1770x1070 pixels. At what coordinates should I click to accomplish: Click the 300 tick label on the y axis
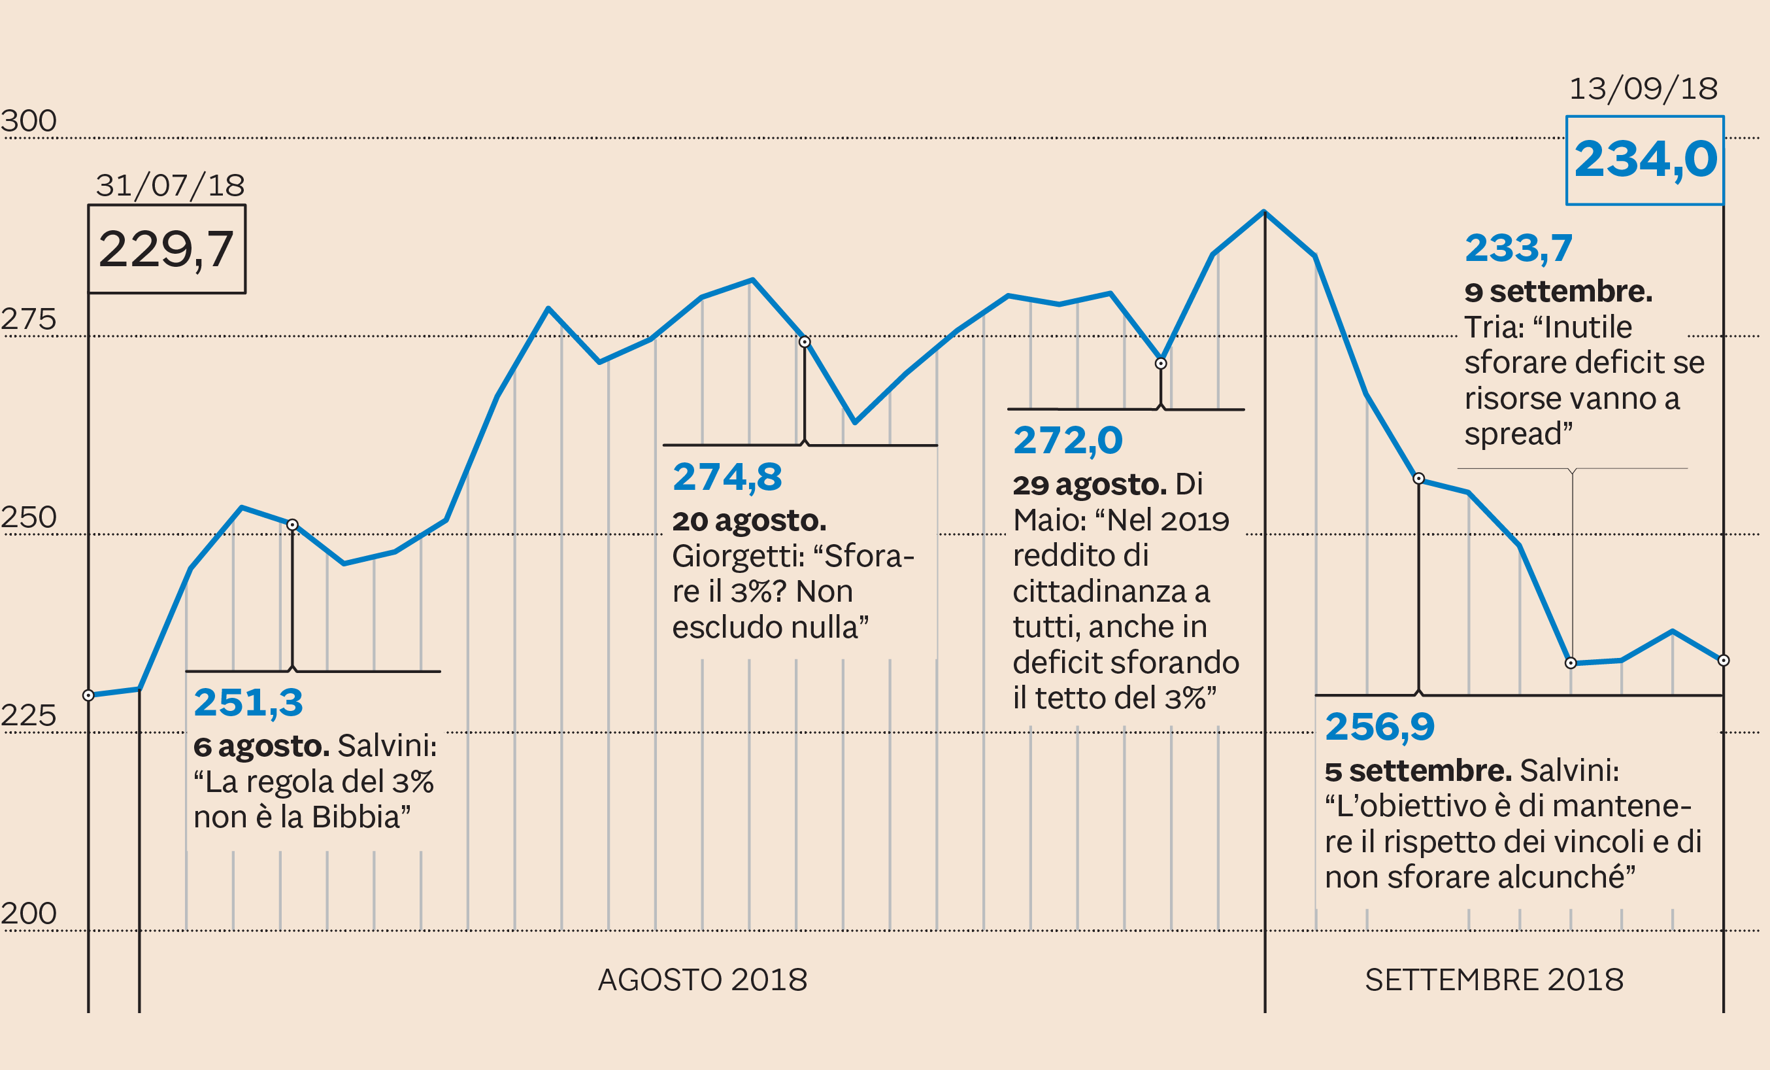coord(29,121)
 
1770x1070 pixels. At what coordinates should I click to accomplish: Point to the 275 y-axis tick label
coord(29,319)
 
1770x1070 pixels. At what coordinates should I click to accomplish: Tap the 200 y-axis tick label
coord(29,913)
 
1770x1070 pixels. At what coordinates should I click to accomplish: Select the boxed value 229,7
coord(167,249)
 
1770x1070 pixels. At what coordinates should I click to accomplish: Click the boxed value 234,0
coord(1645,160)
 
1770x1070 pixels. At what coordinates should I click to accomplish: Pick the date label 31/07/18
coord(170,185)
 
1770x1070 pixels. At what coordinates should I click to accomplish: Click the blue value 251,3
coord(248,702)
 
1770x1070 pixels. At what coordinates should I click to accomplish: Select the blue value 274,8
coord(727,476)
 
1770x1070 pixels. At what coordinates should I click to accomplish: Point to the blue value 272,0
coord(1067,440)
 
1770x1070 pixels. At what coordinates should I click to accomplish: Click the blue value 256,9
coord(1380,727)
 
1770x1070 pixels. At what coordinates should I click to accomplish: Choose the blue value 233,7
coord(1518,248)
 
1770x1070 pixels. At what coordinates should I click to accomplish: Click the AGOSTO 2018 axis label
coord(703,980)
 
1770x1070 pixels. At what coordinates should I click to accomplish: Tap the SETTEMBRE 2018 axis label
coord(1494,980)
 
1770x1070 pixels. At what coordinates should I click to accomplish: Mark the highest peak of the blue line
coord(1264,212)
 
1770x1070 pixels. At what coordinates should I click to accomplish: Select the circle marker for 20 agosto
coord(805,342)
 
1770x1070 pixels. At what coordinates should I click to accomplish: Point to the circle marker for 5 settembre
coord(1419,479)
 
